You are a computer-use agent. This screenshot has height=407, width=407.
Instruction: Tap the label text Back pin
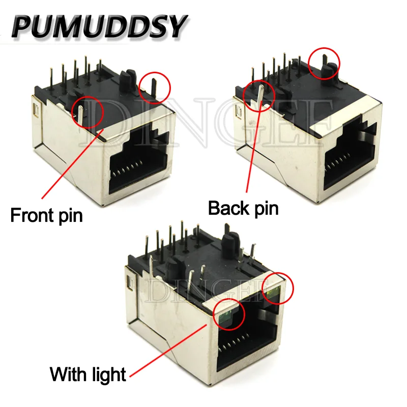click(x=244, y=208)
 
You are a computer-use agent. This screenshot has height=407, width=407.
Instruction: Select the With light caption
click(x=88, y=375)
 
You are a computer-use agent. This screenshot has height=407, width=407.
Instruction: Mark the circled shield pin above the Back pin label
click(x=260, y=97)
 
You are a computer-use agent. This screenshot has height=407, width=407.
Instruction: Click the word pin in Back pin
click(x=265, y=209)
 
